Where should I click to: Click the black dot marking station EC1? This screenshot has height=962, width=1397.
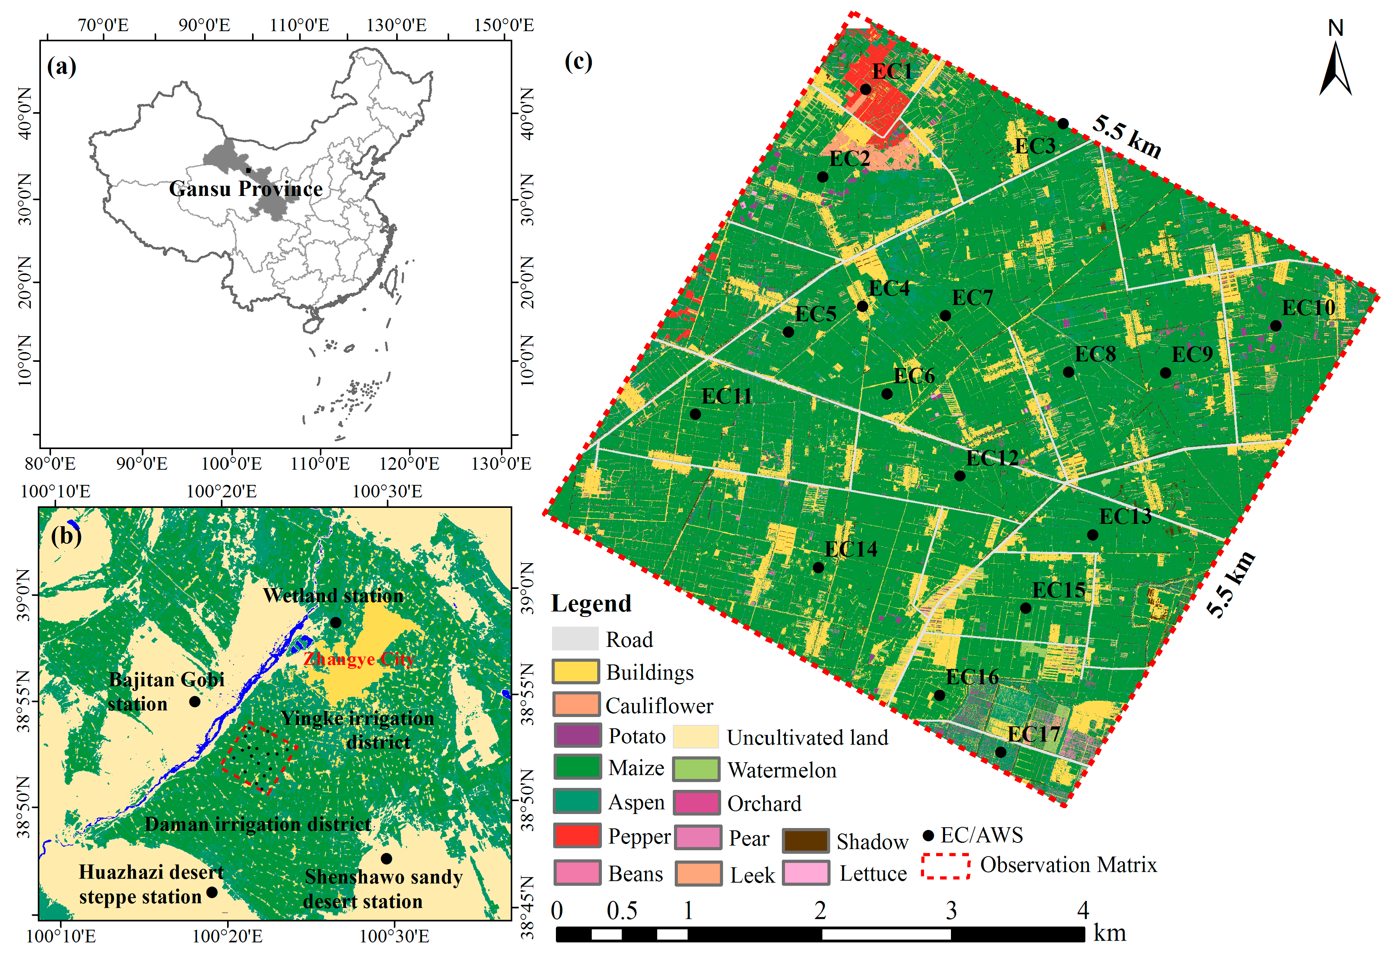click(x=866, y=89)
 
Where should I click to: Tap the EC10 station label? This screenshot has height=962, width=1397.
click(x=1308, y=308)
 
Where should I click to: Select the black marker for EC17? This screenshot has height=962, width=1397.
click(x=1001, y=752)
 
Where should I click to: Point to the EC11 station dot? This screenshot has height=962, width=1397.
click(x=695, y=414)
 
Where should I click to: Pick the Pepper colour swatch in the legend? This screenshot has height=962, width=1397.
click(x=577, y=835)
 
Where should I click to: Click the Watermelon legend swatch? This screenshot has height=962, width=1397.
click(x=697, y=770)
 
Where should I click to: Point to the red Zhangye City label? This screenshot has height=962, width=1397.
click(x=359, y=659)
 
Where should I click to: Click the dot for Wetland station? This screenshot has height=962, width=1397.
click(x=336, y=622)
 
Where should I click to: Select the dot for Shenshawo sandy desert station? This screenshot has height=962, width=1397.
click(x=386, y=858)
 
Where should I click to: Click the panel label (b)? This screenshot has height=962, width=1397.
click(x=66, y=535)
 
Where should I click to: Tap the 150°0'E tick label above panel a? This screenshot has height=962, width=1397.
click(x=503, y=25)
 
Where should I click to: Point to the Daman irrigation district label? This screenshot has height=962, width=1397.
click(x=258, y=824)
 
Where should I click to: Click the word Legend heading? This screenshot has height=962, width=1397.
click(x=591, y=603)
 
